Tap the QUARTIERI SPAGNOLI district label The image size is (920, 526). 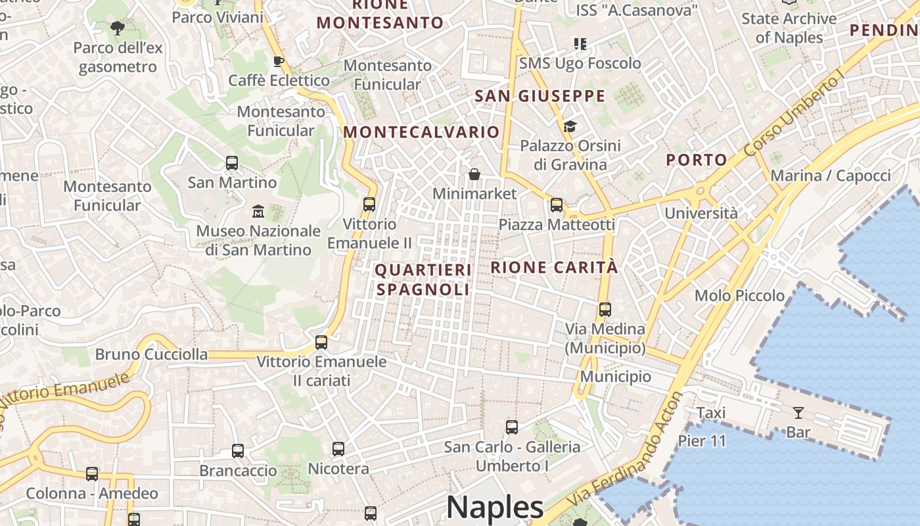[x=423, y=279]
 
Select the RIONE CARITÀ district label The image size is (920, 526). [x=554, y=267]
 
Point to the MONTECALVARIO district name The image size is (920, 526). [x=421, y=131]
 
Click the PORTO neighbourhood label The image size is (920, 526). [x=696, y=160]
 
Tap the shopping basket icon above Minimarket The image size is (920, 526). [x=474, y=174]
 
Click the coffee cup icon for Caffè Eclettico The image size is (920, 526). [x=278, y=61]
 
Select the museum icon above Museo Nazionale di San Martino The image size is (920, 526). [x=258, y=212]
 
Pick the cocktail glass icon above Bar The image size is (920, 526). [x=798, y=413]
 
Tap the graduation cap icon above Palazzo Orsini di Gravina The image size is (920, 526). [x=570, y=126]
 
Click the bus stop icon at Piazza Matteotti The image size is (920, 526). [x=557, y=205]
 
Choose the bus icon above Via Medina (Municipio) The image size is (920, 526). [x=605, y=309]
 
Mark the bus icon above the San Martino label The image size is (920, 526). [x=231, y=162]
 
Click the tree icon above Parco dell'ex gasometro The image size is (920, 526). [x=118, y=28]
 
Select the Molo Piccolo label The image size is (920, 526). [x=739, y=295]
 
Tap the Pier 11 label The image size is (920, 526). [x=702, y=441]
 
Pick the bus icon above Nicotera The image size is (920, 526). [x=338, y=449]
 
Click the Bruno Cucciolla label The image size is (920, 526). [x=151, y=354]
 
